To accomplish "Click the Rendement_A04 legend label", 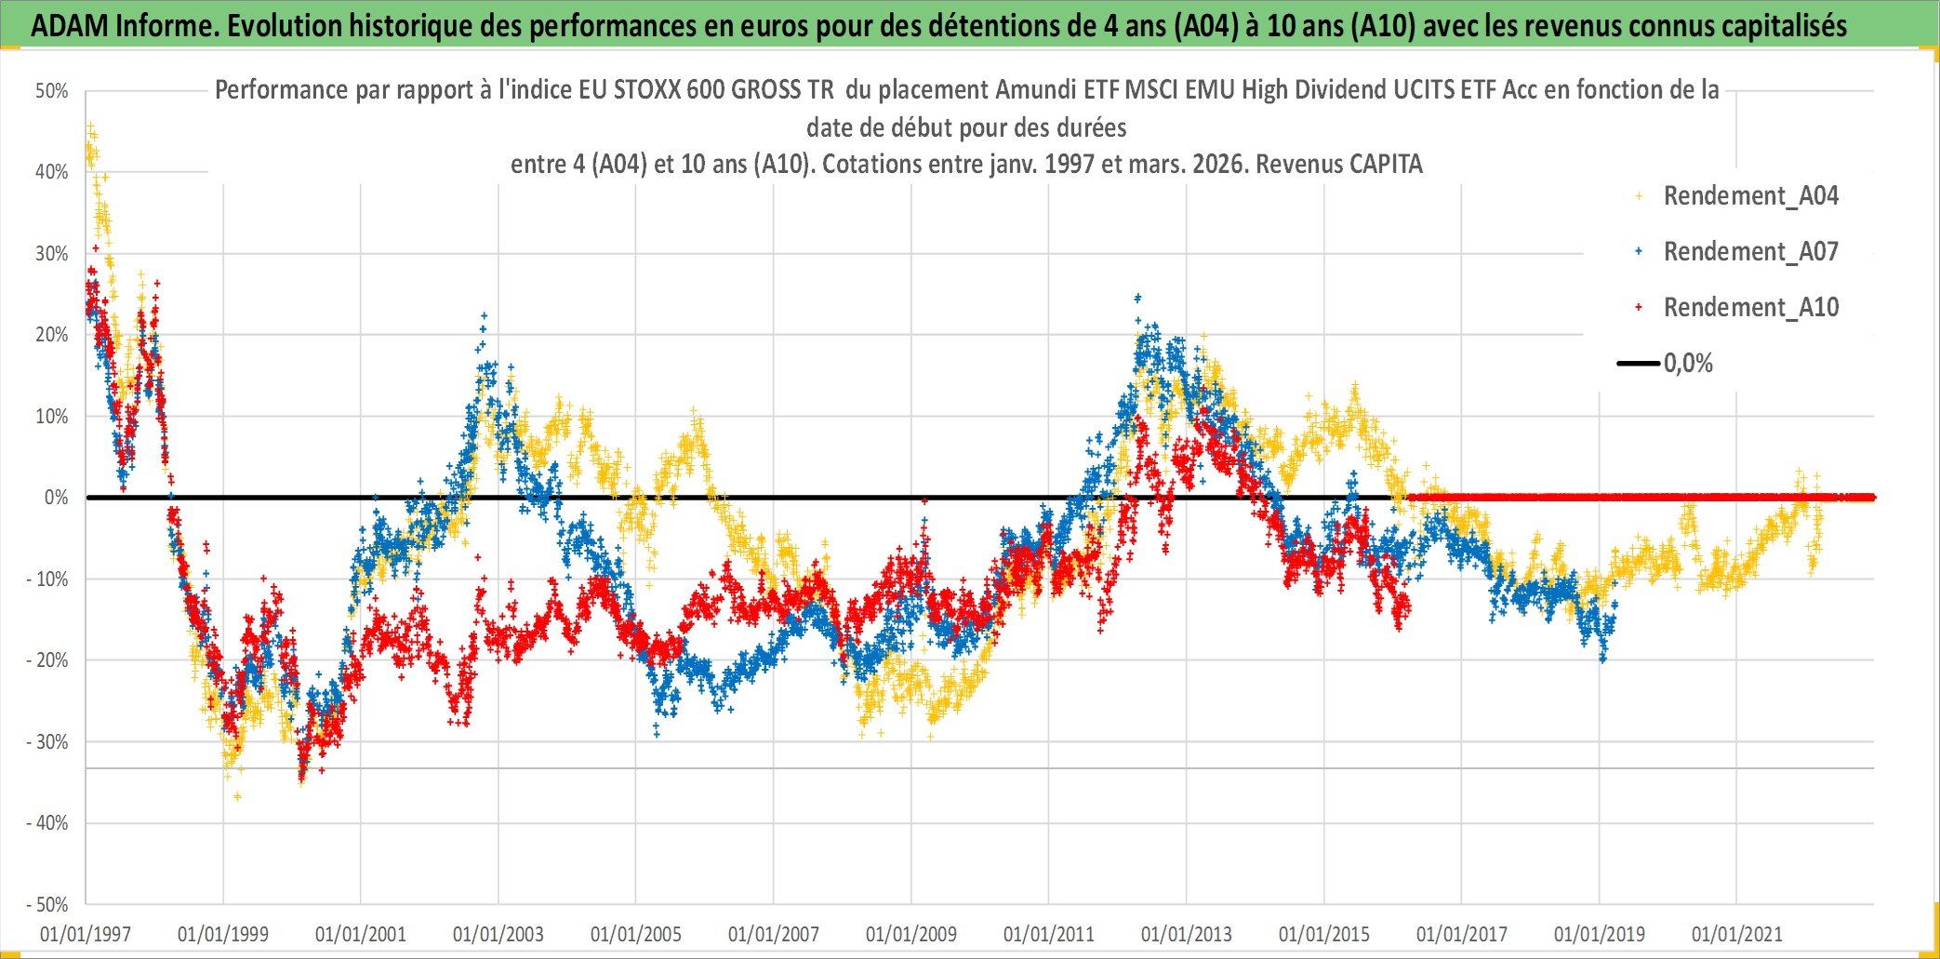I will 1750,196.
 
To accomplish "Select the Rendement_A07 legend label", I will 1750,252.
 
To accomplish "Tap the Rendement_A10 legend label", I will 1750,308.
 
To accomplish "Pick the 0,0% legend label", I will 1688,364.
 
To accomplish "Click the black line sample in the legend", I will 1638,364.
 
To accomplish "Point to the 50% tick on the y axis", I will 52,91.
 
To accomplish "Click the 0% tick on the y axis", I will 56,498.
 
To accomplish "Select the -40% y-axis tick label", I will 47,823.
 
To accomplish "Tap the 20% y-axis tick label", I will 52,335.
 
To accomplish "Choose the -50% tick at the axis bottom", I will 47,904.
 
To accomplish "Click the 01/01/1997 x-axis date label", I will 86,934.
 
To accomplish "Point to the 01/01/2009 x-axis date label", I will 911,934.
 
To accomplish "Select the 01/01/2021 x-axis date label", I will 1737,934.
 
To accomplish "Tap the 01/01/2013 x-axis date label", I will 1187,934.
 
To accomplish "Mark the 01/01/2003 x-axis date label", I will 498,934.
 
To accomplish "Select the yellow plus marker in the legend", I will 1639,196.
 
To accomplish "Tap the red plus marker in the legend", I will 1639,308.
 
